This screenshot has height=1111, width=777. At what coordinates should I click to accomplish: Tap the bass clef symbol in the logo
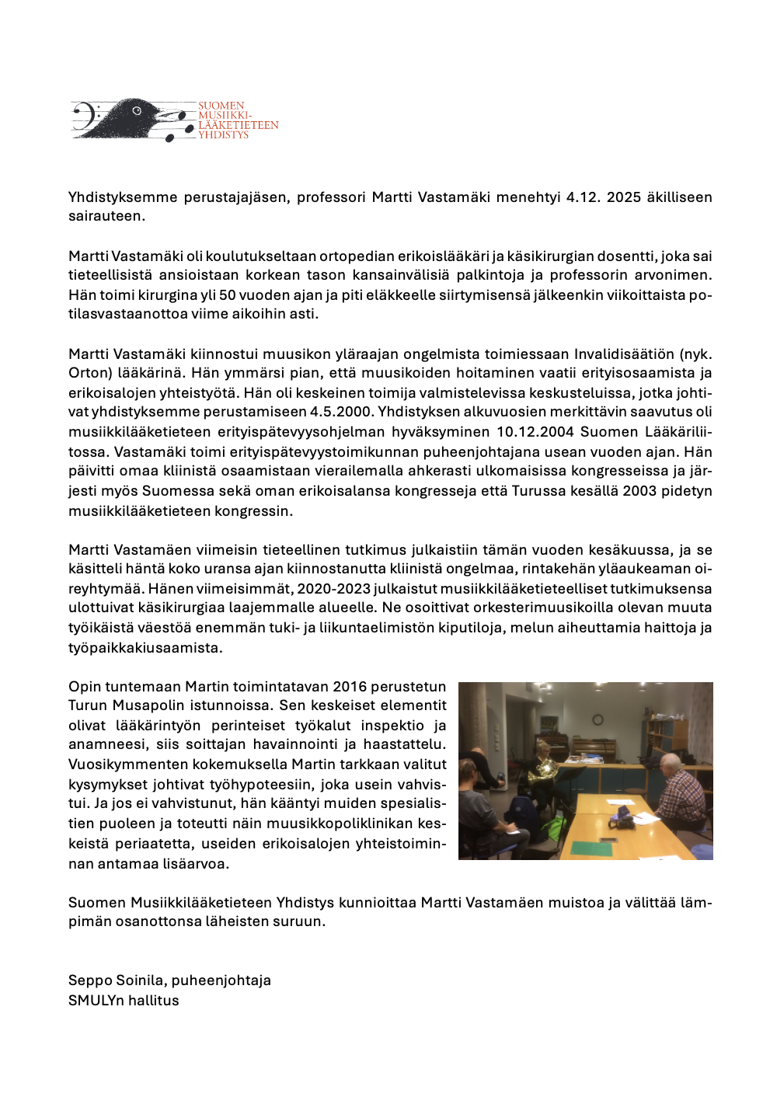83,117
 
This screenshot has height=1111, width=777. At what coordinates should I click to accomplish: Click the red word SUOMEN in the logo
221,106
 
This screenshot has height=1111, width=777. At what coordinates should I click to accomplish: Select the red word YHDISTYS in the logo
223,135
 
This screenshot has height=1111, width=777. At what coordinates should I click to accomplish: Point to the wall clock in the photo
598,719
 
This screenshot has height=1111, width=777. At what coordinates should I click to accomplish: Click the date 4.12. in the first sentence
584,197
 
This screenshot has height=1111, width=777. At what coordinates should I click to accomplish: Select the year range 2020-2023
333,589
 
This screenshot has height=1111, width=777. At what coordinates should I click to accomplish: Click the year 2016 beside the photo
350,687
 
